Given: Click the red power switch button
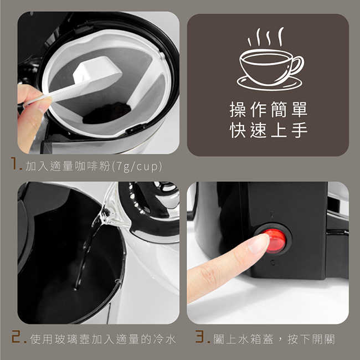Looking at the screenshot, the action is tap(275, 241).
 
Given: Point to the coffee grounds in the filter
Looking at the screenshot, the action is tap(107, 113).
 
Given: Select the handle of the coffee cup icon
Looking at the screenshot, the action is tap(297, 65).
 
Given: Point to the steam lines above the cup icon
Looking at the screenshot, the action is tap(266, 37).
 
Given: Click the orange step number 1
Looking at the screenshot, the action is tap(15, 163).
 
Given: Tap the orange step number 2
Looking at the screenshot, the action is tap(17, 337).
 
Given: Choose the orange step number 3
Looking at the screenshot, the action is tap(200, 337).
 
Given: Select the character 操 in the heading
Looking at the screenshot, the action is tap(238, 110).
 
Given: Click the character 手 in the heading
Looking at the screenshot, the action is tap(300, 130).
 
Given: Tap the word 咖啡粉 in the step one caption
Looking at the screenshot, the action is tap(92, 166).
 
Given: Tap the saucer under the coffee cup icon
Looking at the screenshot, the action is tap(270, 84).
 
